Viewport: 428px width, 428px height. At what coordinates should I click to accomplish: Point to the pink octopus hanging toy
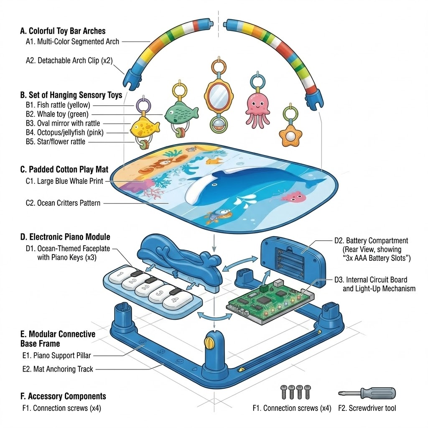pos(257,110)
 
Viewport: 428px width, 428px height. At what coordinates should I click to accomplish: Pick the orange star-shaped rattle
pos(290,135)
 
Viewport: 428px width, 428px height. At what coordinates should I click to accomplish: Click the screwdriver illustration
pos(367,393)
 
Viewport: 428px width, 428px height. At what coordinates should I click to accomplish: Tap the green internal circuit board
pos(270,302)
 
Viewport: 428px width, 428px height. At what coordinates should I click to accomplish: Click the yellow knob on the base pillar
pos(209,343)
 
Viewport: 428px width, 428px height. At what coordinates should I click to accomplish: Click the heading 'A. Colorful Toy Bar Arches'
pos(63,31)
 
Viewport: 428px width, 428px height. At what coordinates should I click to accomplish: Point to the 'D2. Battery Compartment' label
pos(371,240)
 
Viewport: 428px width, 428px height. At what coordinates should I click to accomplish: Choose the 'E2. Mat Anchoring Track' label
pos(58,369)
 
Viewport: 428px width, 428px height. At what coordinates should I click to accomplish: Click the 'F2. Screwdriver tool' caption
pos(367,408)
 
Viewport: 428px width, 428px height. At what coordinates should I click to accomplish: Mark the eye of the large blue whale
pos(214,185)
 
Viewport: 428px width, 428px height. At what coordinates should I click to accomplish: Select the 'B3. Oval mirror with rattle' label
pos(63,123)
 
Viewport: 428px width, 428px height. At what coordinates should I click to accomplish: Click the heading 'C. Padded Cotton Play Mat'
pos(64,170)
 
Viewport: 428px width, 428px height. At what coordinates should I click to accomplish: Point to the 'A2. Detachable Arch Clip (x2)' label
pos(69,60)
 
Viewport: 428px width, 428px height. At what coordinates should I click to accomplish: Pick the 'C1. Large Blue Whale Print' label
pos(64,181)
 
